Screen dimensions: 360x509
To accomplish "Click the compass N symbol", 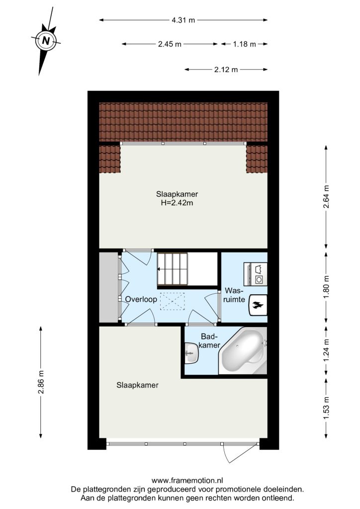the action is [x=46, y=41].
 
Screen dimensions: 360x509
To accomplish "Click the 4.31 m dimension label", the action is [x=183, y=20].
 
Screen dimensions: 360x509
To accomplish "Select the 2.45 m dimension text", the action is [x=170, y=44].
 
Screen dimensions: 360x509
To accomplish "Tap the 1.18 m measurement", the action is [x=245, y=44].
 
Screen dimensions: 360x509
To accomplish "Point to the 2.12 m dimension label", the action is [x=226, y=70].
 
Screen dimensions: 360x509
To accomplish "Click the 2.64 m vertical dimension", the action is [x=326, y=196].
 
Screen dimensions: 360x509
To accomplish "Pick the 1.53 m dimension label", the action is [x=326, y=409].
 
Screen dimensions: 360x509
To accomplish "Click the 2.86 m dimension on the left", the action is [x=41, y=382].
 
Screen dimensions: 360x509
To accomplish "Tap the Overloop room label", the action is [x=141, y=299].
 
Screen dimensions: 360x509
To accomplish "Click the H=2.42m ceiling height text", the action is [x=177, y=203].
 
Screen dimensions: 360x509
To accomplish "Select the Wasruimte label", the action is [x=234, y=295].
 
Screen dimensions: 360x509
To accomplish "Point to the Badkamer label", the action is [x=209, y=341].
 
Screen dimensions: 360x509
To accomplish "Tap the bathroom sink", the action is [x=191, y=353].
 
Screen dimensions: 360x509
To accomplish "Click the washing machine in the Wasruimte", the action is [x=256, y=274].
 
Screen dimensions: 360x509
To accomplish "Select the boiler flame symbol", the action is [x=258, y=305].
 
